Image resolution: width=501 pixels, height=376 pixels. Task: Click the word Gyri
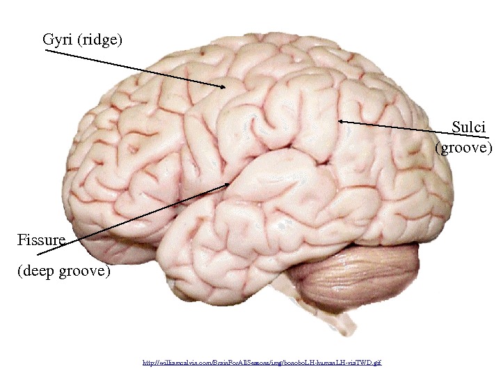(x=58, y=39)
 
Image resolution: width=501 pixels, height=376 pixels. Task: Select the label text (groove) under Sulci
(x=463, y=148)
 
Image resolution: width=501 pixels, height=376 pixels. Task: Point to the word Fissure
(x=41, y=241)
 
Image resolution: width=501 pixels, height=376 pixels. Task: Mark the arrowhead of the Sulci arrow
(x=341, y=122)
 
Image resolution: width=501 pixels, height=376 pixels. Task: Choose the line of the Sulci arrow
(x=397, y=127)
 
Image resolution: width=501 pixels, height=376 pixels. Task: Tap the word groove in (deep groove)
(x=86, y=269)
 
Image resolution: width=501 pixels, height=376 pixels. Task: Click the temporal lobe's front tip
(x=167, y=258)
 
